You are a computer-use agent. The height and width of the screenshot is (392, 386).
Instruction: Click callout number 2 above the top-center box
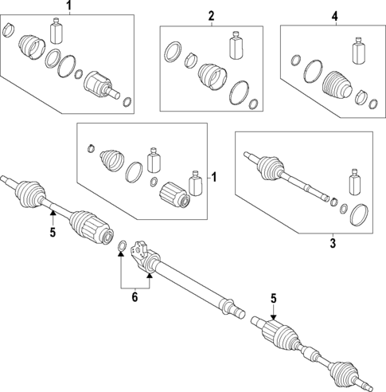211,17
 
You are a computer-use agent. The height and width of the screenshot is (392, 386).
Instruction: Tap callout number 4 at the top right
335,17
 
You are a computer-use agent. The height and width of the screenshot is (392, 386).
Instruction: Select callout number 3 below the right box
333,243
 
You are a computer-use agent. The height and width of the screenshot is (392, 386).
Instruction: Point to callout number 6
135,296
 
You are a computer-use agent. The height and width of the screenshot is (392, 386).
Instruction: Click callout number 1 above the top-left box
69,5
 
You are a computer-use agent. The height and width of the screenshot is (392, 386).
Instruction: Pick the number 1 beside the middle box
214,177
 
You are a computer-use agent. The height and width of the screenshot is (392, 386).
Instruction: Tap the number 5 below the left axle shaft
53,233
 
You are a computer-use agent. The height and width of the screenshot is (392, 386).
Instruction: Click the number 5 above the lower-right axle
274,299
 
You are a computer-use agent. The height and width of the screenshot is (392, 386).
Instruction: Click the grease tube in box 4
359,51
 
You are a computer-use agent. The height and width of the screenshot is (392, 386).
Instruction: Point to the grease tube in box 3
353,182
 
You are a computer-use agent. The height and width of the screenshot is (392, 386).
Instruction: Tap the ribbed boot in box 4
337,86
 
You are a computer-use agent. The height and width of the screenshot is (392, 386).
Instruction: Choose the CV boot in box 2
212,76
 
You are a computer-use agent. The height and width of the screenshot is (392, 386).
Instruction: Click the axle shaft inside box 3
287,175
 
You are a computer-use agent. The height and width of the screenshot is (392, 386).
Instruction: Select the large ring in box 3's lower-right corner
359,215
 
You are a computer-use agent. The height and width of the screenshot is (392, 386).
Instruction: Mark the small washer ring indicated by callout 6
122,245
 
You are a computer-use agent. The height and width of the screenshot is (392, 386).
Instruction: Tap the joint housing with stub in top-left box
102,86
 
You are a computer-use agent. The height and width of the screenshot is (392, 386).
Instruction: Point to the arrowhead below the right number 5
274,317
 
